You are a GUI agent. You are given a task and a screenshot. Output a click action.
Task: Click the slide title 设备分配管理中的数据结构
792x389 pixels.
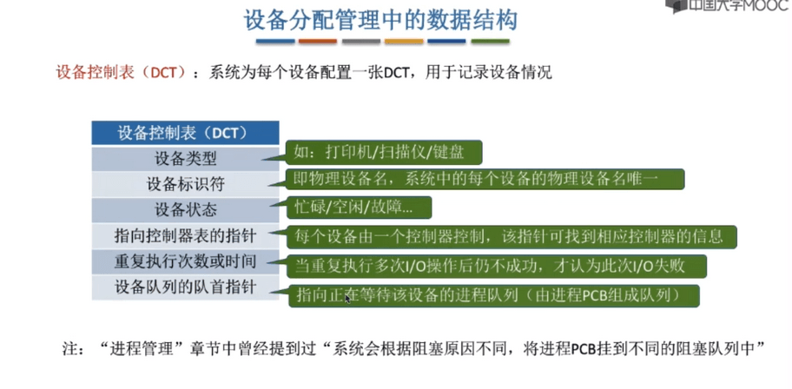(x=380, y=20)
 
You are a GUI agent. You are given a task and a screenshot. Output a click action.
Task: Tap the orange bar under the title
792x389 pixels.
(x=318, y=41)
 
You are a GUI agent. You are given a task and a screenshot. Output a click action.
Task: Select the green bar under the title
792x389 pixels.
(x=490, y=41)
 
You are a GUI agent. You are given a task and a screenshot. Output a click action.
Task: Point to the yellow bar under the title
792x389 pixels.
(x=404, y=41)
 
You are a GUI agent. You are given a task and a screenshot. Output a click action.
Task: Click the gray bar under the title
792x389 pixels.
(x=361, y=41)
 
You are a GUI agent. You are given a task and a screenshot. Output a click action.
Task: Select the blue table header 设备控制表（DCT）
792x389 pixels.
(x=185, y=134)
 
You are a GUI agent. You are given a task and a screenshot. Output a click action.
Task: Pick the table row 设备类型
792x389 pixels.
(x=185, y=159)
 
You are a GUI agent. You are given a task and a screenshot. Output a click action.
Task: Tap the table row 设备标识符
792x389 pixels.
(x=185, y=184)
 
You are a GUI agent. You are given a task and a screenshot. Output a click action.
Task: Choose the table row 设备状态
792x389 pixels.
(x=185, y=210)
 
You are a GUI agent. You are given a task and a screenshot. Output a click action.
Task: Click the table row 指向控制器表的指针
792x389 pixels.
(x=185, y=236)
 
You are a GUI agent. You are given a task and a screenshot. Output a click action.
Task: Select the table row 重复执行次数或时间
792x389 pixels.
(x=185, y=261)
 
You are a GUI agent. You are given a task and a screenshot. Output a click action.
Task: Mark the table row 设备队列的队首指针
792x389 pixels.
(x=185, y=287)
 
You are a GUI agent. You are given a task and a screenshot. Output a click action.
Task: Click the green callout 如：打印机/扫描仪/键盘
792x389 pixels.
(x=383, y=153)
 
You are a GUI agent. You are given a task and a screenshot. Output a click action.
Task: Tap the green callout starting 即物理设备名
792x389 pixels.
(x=485, y=180)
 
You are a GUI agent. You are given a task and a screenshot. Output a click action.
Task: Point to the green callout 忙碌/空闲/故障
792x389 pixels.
(x=358, y=208)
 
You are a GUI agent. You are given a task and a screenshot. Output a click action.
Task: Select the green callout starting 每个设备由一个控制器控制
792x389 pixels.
(x=511, y=237)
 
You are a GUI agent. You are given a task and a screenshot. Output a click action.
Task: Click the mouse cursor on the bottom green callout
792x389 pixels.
(x=347, y=298)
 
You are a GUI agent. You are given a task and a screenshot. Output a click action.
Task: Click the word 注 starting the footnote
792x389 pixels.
(x=69, y=349)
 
